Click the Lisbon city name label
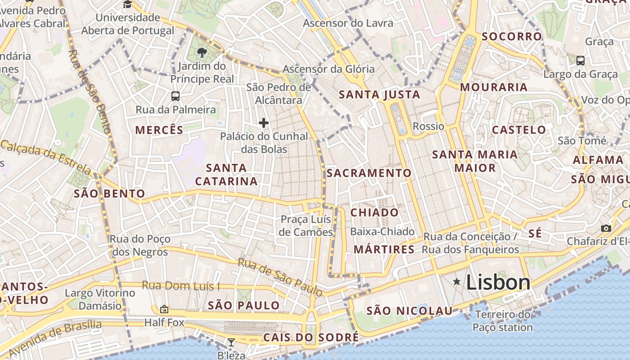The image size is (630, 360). [498, 283]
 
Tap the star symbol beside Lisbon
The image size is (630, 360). [457, 282]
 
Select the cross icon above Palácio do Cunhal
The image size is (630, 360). [264, 122]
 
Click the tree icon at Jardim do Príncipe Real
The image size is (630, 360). [202, 53]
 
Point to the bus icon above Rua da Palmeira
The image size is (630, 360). [175, 96]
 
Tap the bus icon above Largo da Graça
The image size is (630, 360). [580, 60]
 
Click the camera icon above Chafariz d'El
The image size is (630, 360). [606, 228]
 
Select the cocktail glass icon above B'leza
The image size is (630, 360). [231, 342]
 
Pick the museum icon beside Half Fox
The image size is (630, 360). [164, 309]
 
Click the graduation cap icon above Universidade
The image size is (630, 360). [128, 4]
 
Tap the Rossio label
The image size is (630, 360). [428, 126]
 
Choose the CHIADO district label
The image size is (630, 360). [374, 212]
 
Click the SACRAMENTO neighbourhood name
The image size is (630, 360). [369, 173]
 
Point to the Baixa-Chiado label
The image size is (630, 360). [382, 232]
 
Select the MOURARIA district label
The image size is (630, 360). [494, 87]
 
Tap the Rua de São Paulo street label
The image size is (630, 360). [280, 277]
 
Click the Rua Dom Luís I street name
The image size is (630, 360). [181, 285]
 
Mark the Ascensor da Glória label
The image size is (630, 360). [328, 69]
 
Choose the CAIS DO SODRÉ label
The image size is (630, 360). [311, 337]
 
